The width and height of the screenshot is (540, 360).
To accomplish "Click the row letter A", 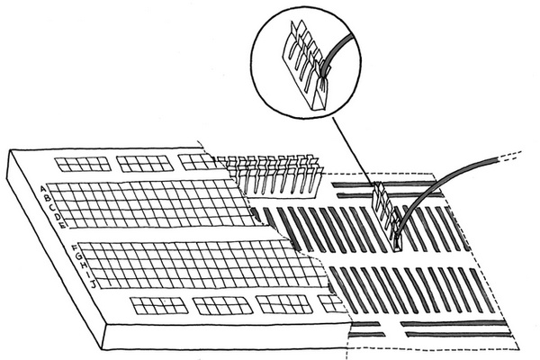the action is [42, 189].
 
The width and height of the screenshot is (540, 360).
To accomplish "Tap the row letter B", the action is [48, 198].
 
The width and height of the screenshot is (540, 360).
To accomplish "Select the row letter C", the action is [52, 208].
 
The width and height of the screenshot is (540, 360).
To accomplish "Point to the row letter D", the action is [58, 217].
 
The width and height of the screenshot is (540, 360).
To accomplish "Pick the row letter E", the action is [62, 226].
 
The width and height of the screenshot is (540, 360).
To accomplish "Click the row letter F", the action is [74, 247].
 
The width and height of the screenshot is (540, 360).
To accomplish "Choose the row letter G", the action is [79, 256].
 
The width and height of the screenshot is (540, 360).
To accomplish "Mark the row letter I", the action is [89, 274].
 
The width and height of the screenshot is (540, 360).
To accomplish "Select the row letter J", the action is [93, 284].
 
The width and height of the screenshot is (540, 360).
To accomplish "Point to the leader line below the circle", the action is [353, 150].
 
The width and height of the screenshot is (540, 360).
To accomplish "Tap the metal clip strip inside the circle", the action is [305, 67].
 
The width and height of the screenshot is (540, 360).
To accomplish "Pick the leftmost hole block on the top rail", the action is [83, 165].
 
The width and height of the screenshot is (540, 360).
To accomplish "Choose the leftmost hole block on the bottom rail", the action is [159, 306].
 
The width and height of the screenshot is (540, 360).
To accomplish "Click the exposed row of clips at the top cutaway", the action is [272, 175].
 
